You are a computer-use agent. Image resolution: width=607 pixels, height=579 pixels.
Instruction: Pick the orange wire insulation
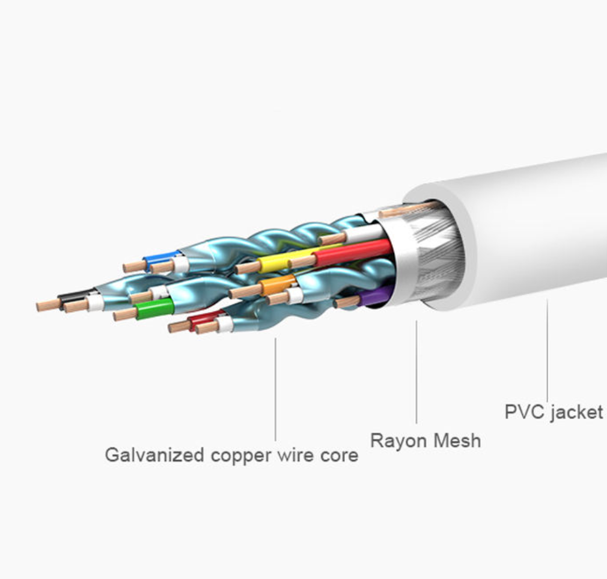click(278, 285)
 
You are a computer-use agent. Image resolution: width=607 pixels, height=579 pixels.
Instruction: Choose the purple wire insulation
click(375, 296)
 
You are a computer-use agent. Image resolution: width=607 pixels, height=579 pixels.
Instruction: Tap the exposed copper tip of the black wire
click(48, 305)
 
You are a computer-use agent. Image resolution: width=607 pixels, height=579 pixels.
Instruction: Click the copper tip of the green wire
click(124, 314)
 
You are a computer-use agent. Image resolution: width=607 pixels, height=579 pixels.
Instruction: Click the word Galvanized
click(154, 455)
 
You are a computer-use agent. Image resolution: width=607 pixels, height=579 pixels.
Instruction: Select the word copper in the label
click(241, 456)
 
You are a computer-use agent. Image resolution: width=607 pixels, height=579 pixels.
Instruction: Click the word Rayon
click(398, 441)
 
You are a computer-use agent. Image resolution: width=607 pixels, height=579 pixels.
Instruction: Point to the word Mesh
click(457, 441)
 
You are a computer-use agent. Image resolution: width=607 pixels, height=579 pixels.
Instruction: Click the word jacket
click(576, 412)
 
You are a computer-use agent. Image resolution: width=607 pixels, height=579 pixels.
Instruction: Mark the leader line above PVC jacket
click(547, 350)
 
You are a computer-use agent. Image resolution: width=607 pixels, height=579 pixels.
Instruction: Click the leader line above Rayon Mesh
click(416, 372)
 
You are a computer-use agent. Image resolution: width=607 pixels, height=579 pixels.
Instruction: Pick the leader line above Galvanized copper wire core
click(275, 389)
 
